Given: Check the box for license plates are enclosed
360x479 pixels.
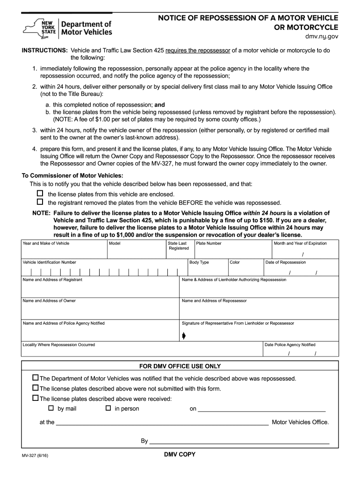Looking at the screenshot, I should [x=40, y=193].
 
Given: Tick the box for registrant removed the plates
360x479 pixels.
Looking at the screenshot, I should [x=40, y=202].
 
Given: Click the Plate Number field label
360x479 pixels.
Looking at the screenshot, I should [x=209, y=243].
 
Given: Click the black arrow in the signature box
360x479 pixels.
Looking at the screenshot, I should [x=184, y=335].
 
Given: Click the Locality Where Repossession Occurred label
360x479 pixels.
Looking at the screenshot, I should [x=59, y=345].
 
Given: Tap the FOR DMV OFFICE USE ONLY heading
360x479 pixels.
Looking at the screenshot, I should [x=180, y=366].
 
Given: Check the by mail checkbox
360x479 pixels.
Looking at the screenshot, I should [x=52, y=408].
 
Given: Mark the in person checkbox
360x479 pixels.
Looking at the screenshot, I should [x=108, y=408].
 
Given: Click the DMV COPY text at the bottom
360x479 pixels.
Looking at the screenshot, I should [x=180, y=454].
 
